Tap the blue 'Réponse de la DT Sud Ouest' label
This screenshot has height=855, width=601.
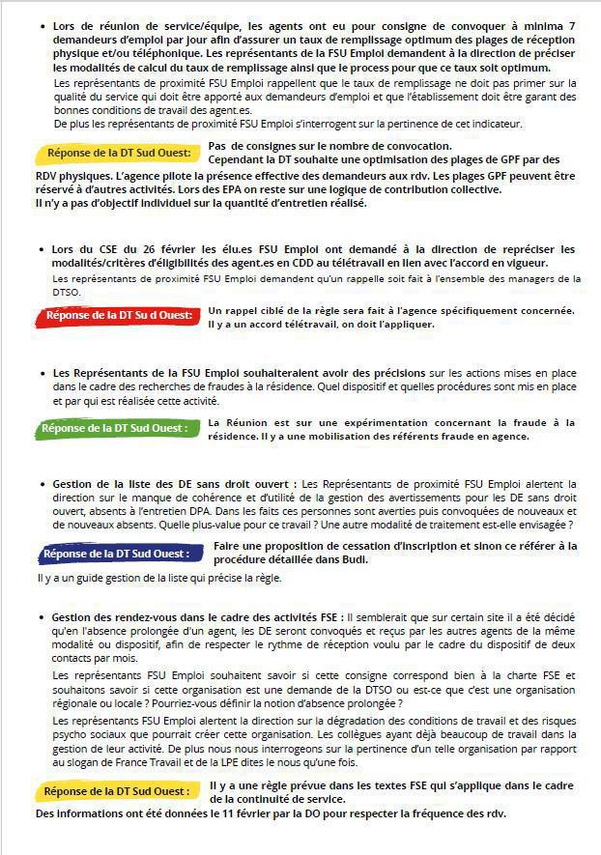tap(115, 554)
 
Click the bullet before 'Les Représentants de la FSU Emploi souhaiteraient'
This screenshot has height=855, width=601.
tap(43, 373)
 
